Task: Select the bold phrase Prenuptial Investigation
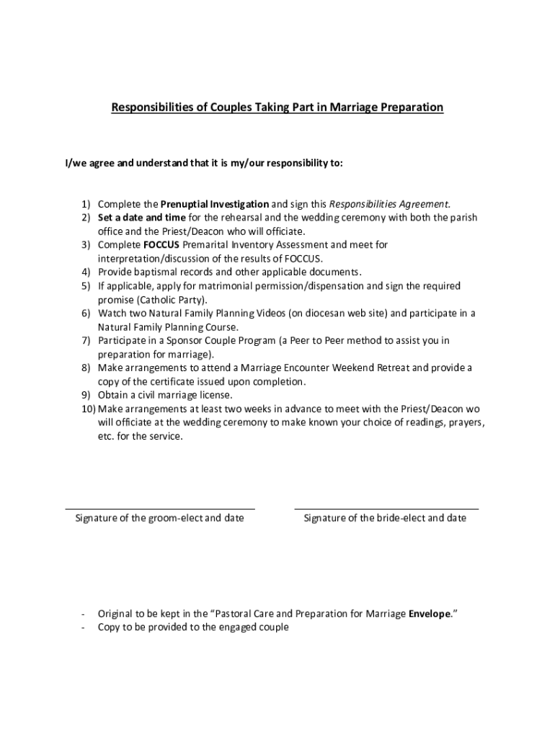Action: [215, 204]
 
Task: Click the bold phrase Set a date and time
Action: [142, 218]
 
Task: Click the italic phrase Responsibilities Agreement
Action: [389, 204]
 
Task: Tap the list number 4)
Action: [85, 272]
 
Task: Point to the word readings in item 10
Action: [410, 422]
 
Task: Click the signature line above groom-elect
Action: [160, 509]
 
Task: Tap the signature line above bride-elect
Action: [386, 509]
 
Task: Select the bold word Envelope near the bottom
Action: [430, 614]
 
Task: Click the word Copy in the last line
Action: [110, 628]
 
